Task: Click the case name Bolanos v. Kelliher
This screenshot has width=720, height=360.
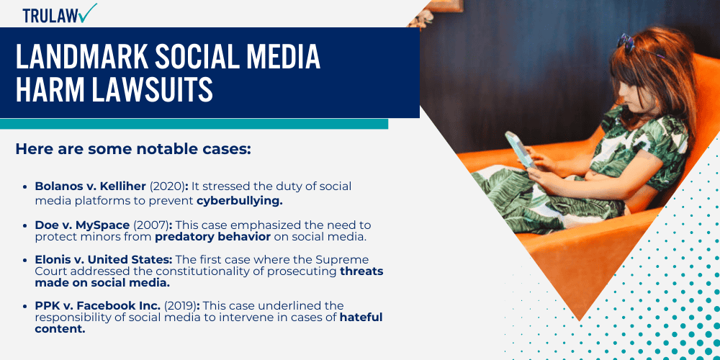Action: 90,186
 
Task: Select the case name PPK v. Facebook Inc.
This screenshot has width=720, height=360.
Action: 97,306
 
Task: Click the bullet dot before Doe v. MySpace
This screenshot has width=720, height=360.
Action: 27,225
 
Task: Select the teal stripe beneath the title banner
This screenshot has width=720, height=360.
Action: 194,124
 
